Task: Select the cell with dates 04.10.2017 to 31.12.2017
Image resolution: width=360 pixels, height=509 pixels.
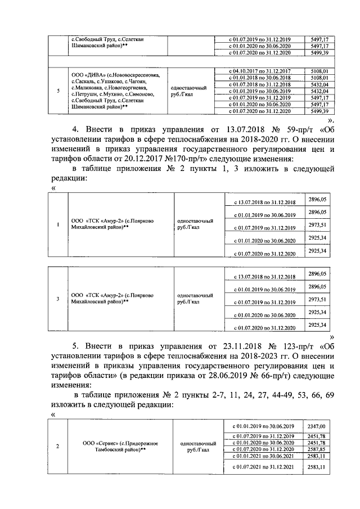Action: [x=256, y=70]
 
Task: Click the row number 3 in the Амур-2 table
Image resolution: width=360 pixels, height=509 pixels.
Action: [x=58, y=298]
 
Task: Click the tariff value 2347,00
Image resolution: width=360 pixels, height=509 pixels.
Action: [x=317, y=426]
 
